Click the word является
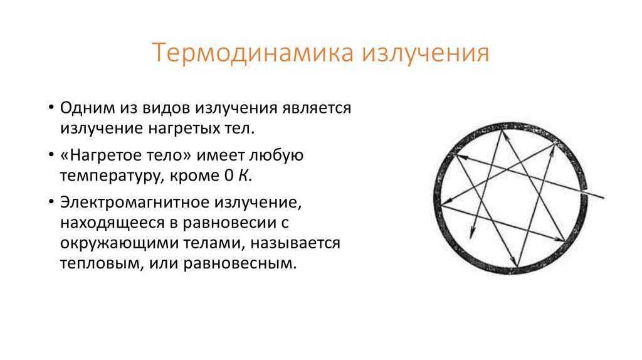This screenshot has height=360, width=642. (x=317, y=107)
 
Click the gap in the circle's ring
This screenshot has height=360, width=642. (x=587, y=188)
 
